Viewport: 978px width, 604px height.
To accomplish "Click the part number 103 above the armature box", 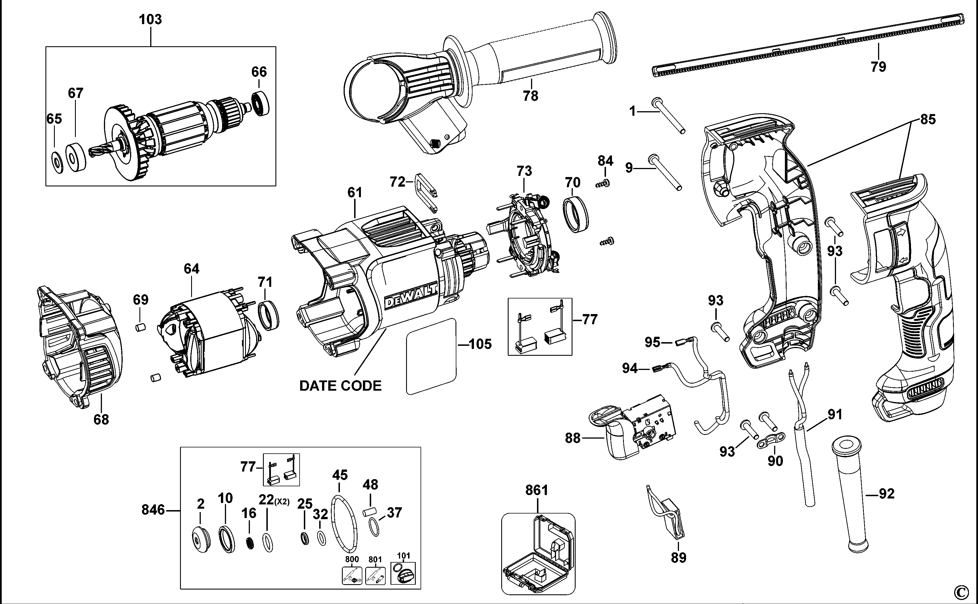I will click(150, 19).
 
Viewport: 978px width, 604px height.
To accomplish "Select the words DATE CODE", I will click(340, 386).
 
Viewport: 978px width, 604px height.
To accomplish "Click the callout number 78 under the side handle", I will click(530, 96).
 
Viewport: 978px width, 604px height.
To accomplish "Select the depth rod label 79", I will click(878, 67).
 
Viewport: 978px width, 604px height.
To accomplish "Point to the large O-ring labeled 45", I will click(344, 523).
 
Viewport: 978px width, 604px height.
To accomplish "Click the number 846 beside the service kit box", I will click(153, 510).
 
